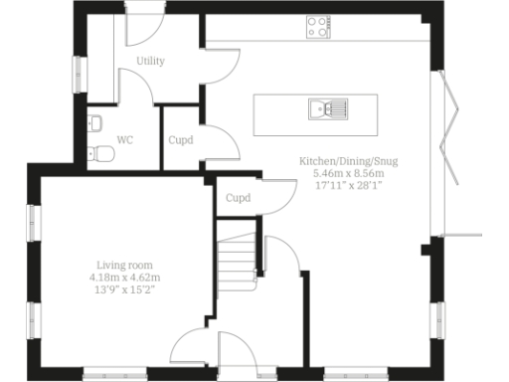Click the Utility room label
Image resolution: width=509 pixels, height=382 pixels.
coord(150,61)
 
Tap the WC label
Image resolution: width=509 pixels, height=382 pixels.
coord(125,140)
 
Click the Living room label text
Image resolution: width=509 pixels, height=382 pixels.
coord(124,264)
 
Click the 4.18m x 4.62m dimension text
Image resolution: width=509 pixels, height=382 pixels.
coord(124,277)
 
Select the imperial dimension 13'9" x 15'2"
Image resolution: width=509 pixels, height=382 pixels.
coord(124,289)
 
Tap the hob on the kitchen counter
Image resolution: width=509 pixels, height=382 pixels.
coord(319,27)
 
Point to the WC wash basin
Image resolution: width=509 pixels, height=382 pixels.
coord(94,123)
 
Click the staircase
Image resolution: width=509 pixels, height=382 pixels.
coord(238,261)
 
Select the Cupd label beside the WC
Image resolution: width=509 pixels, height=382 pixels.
coord(181,140)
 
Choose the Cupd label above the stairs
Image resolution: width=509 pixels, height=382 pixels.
coord(238,198)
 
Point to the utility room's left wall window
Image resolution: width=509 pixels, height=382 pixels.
coord(76,74)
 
